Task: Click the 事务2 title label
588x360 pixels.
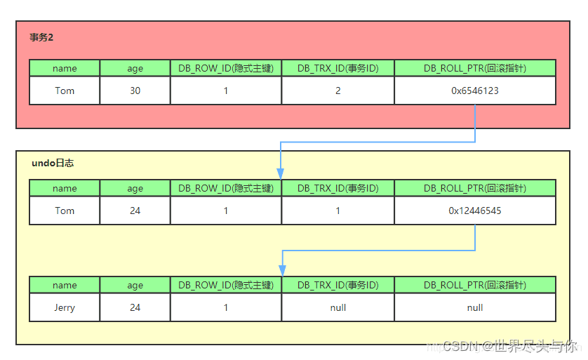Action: coord(41,38)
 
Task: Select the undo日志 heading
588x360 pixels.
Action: coord(53,163)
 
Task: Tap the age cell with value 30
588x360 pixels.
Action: coord(135,91)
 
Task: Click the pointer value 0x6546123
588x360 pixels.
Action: coord(475,91)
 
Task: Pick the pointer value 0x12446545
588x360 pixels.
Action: coord(475,211)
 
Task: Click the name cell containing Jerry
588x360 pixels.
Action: coord(65,307)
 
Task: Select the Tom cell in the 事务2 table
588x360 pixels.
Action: coord(65,91)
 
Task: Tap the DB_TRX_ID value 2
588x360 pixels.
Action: coord(338,91)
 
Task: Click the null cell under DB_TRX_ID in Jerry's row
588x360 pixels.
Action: coord(338,307)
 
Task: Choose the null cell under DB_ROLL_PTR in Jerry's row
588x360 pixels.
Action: coord(475,307)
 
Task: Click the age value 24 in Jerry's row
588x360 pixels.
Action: coord(135,307)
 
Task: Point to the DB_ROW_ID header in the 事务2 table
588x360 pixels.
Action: coord(225,68)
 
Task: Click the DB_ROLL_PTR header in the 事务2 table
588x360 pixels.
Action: coord(475,68)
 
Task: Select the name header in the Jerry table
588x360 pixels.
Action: coord(65,285)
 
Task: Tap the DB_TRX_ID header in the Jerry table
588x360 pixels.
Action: coord(338,285)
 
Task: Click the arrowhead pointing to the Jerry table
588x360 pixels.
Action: coord(282,271)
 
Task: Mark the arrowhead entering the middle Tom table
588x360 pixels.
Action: coord(281,173)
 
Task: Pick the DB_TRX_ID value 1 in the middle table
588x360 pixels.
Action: coord(338,211)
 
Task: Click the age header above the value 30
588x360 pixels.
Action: coord(135,68)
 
